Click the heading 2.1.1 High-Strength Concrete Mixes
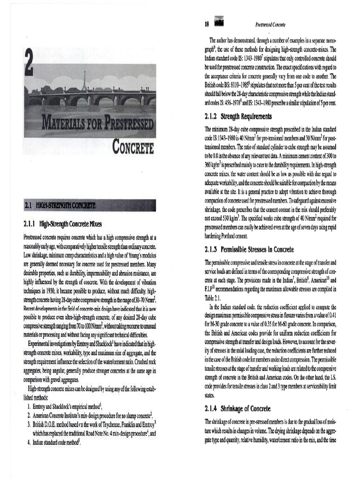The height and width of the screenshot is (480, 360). coord(64,224)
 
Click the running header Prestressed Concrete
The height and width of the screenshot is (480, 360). coord(270,24)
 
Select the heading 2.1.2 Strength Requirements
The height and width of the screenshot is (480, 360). coord(238,116)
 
